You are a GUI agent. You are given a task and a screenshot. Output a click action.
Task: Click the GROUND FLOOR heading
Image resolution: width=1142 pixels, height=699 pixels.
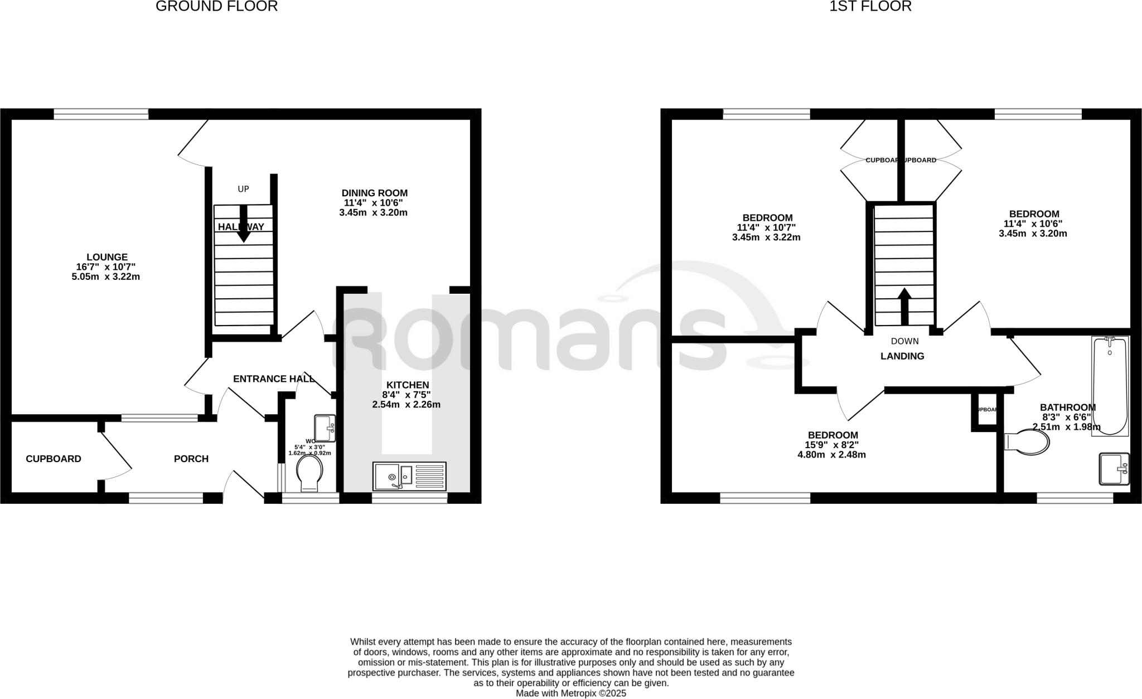(x=216, y=7)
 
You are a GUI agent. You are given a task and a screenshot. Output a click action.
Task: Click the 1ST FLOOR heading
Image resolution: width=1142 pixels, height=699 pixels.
(x=870, y=7)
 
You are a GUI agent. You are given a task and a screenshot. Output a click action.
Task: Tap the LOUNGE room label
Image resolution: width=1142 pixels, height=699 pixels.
(x=107, y=257)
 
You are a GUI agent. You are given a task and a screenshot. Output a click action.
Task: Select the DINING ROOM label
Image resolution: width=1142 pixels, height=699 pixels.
(x=374, y=193)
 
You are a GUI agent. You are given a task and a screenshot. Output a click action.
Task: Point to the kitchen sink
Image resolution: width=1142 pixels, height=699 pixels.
(x=409, y=477)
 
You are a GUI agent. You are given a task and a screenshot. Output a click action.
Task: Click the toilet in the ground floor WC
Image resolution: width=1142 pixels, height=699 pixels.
(x=309, y=474)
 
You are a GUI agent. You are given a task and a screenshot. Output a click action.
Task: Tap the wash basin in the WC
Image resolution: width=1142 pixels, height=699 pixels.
(x=325, y=428)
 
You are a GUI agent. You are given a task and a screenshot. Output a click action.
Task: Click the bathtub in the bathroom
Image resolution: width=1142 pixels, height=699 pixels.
(x=1110, y=386)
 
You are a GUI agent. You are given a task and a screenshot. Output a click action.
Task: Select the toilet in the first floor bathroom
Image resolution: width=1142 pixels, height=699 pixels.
(x=1027, y=442)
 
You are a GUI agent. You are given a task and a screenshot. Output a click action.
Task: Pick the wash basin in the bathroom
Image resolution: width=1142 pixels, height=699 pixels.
(x=1114, y=469)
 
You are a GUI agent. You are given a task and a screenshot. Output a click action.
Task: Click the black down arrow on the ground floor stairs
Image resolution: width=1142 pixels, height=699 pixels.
(x=243, y=224)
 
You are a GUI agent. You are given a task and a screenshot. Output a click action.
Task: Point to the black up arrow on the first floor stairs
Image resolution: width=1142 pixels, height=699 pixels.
(x=904, y=306)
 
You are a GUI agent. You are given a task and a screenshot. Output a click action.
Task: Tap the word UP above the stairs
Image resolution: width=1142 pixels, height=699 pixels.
(x=243, y=189)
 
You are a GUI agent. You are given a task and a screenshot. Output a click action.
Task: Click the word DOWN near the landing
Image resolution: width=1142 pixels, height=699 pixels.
(x=904, y=341)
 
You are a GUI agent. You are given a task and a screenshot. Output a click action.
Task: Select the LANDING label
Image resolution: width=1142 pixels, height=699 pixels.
(x=902, y=356)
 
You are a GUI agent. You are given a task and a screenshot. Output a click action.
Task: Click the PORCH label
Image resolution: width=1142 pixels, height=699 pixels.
(x=191, y=459)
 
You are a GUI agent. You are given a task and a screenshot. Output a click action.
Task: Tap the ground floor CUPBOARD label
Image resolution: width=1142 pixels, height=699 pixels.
(x=54, y=459)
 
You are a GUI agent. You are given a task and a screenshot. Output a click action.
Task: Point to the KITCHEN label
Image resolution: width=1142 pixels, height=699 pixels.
(x=408, y=385)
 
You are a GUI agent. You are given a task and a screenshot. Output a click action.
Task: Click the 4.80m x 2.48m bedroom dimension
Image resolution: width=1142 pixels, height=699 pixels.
(x=831, y=454)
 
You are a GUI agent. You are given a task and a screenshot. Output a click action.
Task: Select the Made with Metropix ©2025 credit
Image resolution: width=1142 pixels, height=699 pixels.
(x=571, y=693)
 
